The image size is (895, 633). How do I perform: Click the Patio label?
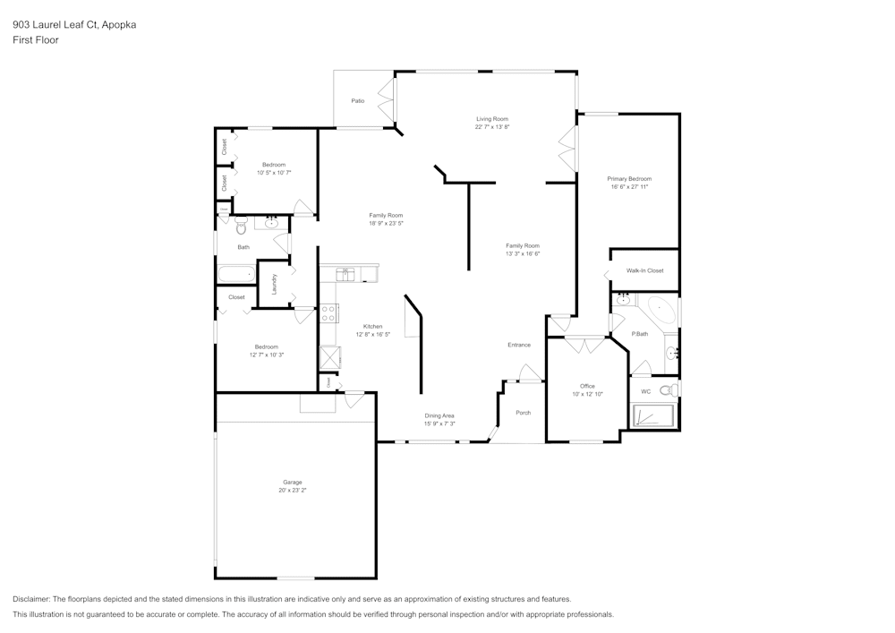pos(357,101)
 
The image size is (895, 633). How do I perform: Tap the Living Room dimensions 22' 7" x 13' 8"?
pos(491,127)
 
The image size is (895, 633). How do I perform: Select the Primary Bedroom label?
pos(628,179)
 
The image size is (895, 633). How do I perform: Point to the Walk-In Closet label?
pos(644,269)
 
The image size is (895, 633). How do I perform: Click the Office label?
pos(587,386)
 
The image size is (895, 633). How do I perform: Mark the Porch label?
pos(524,413)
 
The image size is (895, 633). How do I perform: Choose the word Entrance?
pos(519,345)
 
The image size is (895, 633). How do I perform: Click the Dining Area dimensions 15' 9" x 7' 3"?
pos(439,423)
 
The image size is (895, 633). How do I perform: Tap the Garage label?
pos(293,483)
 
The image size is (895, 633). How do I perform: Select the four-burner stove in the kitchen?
pos(329,313)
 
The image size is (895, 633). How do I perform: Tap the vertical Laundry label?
pos(275,284)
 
